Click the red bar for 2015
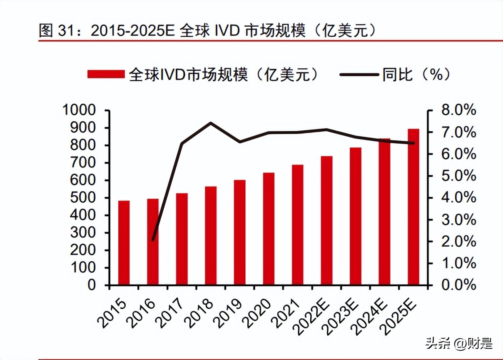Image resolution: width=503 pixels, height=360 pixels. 124,243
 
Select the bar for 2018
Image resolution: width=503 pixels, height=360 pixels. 211,236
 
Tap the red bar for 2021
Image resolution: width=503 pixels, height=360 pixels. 297,225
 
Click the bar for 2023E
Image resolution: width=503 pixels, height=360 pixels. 355,216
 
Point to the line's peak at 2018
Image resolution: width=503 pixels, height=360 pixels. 211,123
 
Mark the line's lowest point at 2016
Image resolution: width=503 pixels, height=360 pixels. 153,240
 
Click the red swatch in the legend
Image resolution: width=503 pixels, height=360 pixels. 106,74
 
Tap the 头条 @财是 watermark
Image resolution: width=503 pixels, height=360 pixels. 458,343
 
